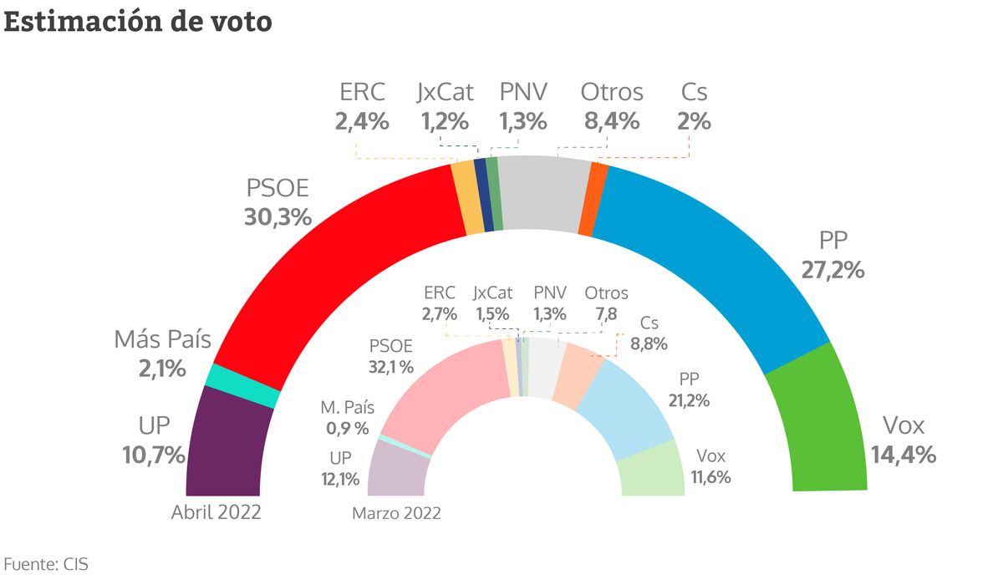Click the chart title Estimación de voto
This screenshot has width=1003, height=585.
point(138,22)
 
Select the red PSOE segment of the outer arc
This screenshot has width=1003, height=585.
point(334,267)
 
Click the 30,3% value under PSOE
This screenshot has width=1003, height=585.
point(277,217)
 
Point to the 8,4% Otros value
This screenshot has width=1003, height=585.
point(611,121)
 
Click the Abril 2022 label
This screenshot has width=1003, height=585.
point(216,513)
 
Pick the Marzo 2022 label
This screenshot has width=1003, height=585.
point(397,513)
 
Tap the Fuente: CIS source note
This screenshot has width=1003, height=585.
point(46,564)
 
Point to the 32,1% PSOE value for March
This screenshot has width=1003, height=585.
point(392,366)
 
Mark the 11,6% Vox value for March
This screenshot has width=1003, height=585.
point(712,478)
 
